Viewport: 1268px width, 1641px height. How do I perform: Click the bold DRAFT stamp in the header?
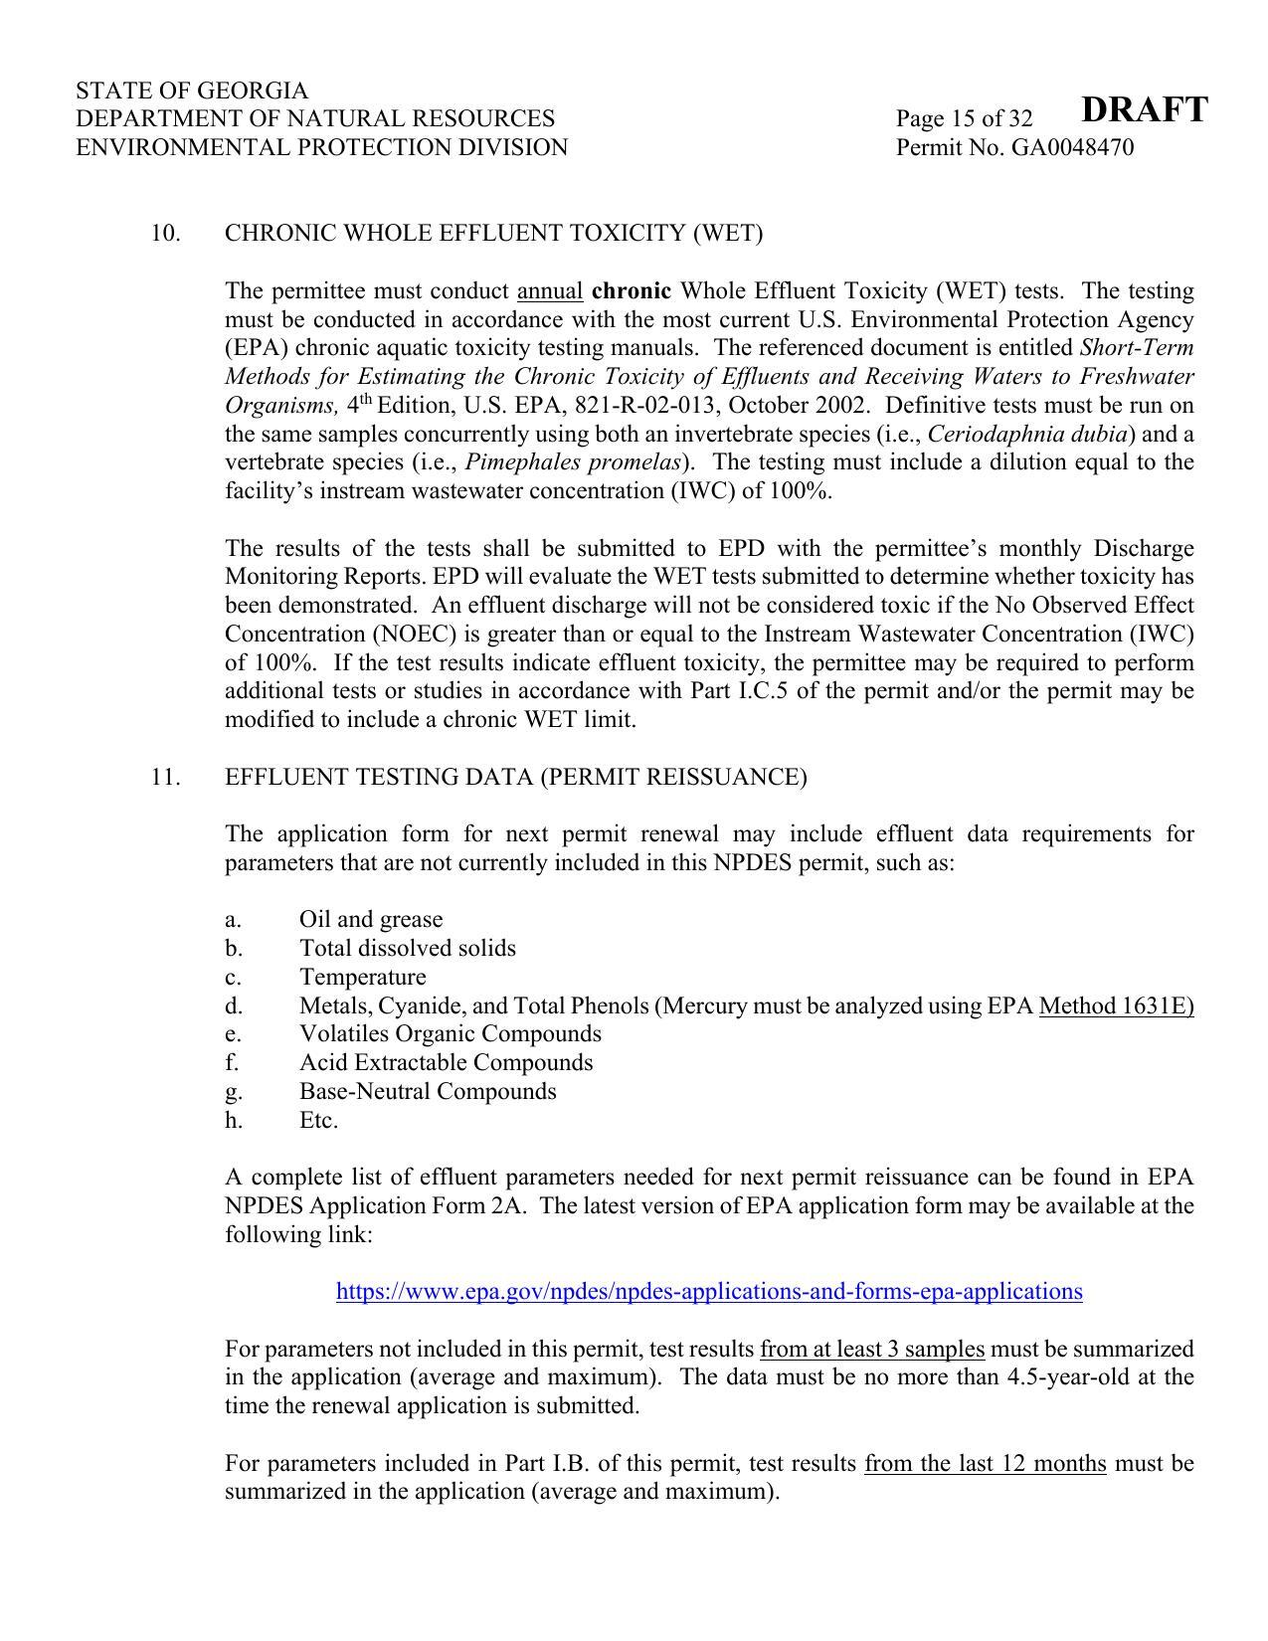pyautogui.click(x=1144, y=109)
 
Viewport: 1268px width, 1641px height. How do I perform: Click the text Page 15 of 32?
pyautogui.click(x=964, y=119)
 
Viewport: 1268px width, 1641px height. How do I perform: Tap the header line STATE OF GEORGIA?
pyautogui.click(x=192, y=91)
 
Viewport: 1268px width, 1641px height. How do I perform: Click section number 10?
pyautogui.click(x=165, y=234)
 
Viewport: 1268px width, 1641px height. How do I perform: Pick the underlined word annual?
pyautogui.click(x=550, y=291)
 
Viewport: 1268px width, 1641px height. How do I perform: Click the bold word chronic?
pyautogui.click(x=631, y=291)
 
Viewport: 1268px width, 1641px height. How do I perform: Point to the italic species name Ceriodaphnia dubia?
pyautogui.click(x=1028, y=435)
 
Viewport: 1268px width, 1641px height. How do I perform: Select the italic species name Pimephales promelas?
pyautogui.click(x=573, y=462)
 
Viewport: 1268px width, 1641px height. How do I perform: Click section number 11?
pyautogui.click(x=165, y=777)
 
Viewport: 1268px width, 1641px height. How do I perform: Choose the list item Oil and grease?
pyautogui.click(x=371, y=920)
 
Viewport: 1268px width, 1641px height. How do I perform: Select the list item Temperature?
pyautogui.click(x=363, y=978)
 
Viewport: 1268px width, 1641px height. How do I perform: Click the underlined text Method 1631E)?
pyautogui.click(x=1116, y=1006)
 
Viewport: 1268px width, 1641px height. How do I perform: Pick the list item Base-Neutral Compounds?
pyautogui.click(x=428, y=1092)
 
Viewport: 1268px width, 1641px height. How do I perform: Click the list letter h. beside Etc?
pyautogui.click(x=234, y=1121)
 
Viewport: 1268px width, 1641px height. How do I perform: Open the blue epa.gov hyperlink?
pyautogui.click(x=709, y=1292)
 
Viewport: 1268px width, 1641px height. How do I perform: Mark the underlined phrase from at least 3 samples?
pyautogui.click(x=872, y=1350)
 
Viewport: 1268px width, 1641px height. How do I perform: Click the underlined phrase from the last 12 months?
pyautogui.click(x=985, y=1464)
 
